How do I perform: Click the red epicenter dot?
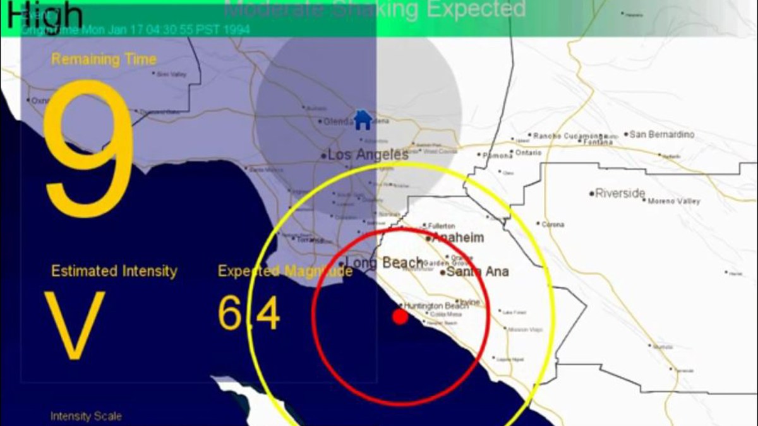point(400,316)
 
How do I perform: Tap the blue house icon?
point(363,119)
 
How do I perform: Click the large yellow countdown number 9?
point(88,142)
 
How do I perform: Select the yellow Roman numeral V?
point(75,325)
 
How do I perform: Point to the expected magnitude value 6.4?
point(249,314)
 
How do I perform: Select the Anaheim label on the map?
point(458,238)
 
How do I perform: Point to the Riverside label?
point(620,193)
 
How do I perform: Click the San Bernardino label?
point(662,134)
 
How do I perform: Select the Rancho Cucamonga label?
point(569,136)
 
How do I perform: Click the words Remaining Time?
point(104,59)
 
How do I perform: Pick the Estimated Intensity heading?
point(114,271)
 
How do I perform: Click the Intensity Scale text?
point(86,417)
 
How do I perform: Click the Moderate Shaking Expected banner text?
point(375,9)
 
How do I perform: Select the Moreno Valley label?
point(675,201)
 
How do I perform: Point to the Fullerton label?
point(442,225)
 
